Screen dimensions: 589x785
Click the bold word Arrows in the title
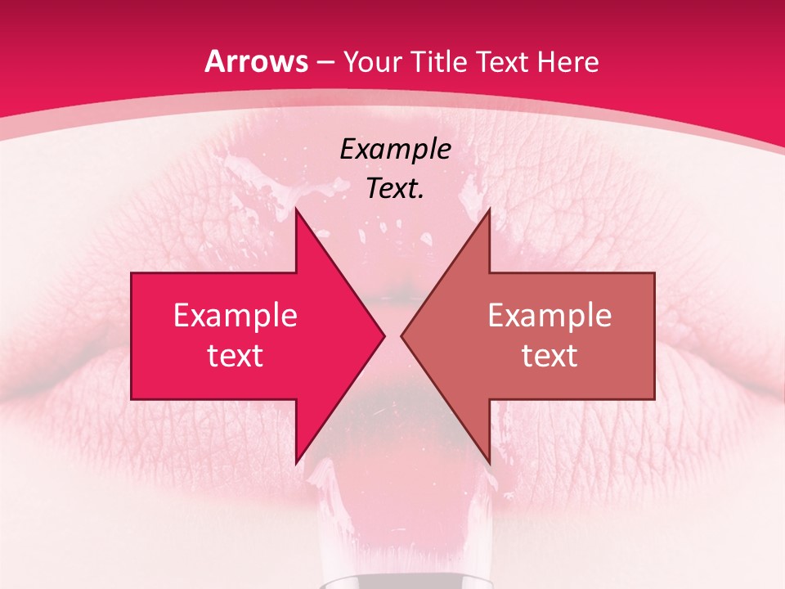(257, 62)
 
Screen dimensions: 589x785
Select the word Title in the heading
(440, 62)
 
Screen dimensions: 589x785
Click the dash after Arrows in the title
(325, 63)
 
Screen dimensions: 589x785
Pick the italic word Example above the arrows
(395, 150)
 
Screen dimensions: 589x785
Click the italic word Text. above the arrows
(395, 188)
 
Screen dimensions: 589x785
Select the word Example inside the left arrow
(235, 316)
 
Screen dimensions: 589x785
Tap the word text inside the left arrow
(235, 356)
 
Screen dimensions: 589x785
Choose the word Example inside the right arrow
(549, 316)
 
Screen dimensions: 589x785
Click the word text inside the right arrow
(549, 356)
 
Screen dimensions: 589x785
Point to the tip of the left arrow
(383, 335)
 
